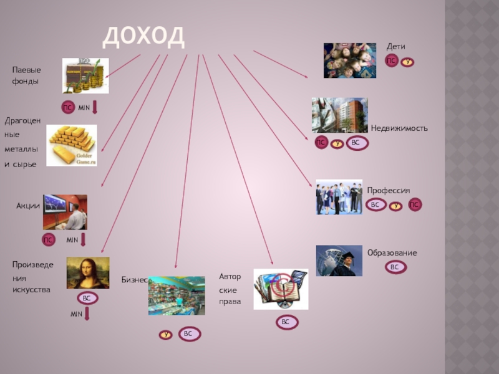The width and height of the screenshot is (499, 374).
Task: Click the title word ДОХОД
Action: click(143, 36)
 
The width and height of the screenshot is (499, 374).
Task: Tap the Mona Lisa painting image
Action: click(88, 272)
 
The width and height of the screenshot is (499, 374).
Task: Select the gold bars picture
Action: click(72, 145)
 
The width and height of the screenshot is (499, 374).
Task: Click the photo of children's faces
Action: click(349, 60)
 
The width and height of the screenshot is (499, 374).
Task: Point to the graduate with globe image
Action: click(339, 261)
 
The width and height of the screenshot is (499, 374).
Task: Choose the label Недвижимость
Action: click(399, 128)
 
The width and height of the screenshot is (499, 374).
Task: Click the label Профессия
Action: click(388, 190)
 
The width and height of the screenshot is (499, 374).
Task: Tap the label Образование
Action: click(392, 252)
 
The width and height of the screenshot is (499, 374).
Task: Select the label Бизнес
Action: click(134, 280)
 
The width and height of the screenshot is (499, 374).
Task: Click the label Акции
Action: click(28, 206)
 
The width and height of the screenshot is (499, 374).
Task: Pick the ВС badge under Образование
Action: click(394, 267)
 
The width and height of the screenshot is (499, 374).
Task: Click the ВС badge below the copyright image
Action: click(285, 322)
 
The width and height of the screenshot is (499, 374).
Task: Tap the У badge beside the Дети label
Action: click(407, 62)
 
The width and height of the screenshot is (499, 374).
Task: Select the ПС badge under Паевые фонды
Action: click(67, 108)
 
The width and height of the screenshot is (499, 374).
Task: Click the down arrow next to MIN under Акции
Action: click(83, 240)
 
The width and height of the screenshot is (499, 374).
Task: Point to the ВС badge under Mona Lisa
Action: click(87, 299)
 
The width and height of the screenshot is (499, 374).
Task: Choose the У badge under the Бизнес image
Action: click(165, 335)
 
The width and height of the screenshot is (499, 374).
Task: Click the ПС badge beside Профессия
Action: click(415, 204)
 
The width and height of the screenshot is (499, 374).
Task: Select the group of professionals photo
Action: click(339, 197)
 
